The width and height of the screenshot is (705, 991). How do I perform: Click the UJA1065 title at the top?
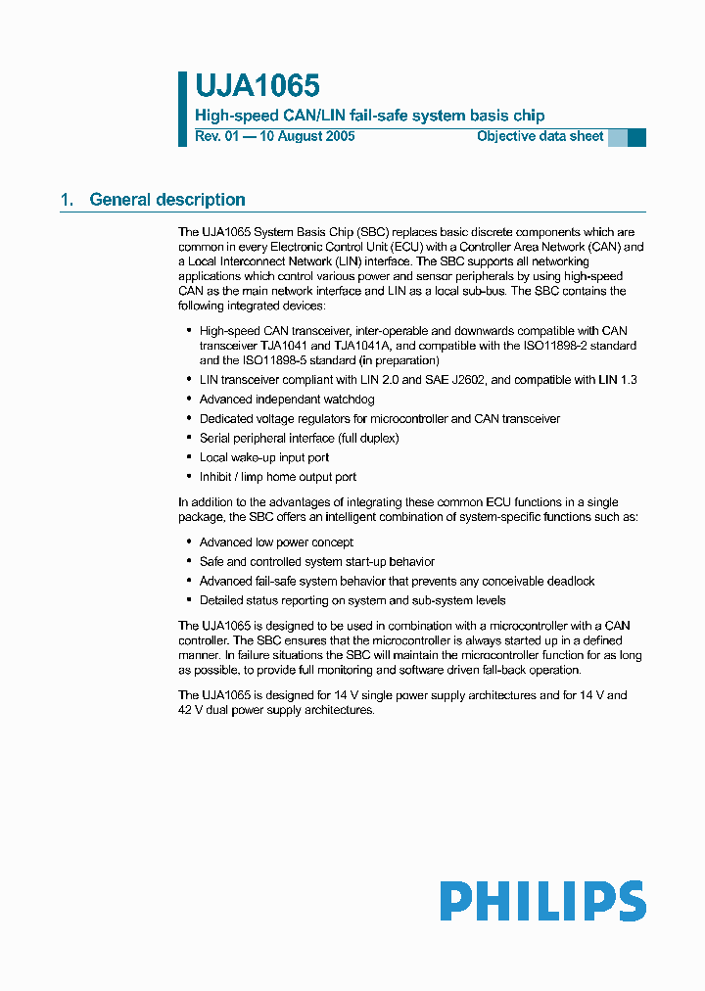pos(258,87)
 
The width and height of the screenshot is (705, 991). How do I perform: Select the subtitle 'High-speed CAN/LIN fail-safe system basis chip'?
pos(369,116)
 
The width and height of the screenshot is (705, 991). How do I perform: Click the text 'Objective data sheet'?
pos(540,136)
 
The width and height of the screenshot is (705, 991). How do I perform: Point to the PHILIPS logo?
pos(542,901)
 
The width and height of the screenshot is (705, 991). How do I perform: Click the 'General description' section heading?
pos(167,200)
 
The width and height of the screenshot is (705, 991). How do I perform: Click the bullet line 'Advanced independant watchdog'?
pos(287,399)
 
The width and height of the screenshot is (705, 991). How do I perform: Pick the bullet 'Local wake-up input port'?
pos(264,457)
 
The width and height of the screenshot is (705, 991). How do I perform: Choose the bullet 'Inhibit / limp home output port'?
pos(278,477)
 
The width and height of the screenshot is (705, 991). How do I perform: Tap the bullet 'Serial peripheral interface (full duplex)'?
pos(299,438)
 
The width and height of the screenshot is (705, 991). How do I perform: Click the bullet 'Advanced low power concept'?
pos(276,542)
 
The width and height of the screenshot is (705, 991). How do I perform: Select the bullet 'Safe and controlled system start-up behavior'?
pos(317,561)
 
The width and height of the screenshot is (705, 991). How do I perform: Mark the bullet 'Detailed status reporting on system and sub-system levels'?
pos(352,600)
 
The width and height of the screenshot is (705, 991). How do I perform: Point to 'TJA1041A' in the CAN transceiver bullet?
pos(360,346)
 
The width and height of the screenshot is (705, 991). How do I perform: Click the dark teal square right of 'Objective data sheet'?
pos(636,137)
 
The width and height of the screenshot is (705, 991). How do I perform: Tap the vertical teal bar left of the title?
pos(182,109)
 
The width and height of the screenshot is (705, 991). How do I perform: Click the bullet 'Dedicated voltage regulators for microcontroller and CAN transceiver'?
pos(380,418)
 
